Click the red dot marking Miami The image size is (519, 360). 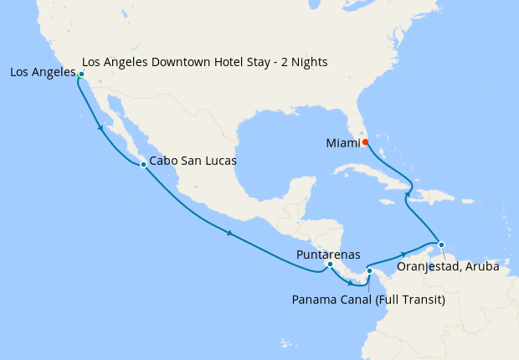366,141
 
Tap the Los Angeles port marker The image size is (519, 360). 81,75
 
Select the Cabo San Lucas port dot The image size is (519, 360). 143,164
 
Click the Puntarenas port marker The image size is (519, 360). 330,265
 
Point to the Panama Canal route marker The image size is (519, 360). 369,270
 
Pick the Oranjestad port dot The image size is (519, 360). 442,244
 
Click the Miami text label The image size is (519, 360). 342,143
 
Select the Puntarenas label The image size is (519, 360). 328,254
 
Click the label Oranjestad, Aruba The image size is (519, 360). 448,268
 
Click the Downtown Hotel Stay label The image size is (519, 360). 205,62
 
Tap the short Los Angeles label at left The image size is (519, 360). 42,73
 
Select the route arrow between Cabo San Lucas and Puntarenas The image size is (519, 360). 229,232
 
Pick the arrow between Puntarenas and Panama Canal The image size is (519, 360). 350,282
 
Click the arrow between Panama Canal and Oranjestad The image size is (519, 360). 404,253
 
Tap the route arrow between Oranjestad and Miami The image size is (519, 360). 408,195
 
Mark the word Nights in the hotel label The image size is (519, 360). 307,62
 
